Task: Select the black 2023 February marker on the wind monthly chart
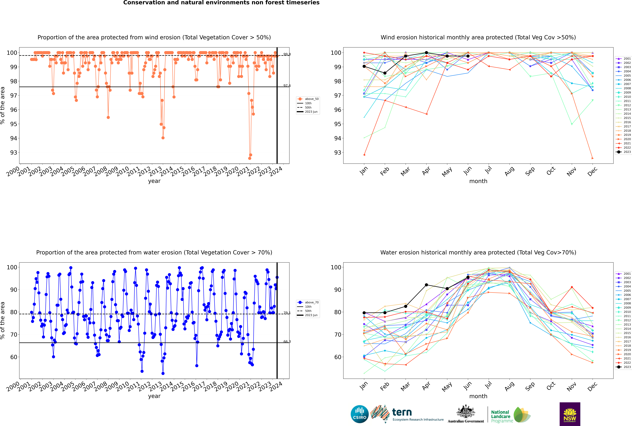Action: click(x=385, y=73)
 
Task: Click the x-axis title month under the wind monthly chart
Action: click(x=478, y=181)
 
